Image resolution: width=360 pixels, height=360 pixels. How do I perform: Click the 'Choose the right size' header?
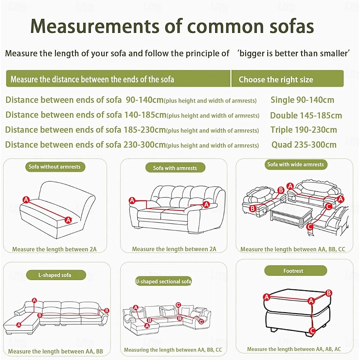[276, 80]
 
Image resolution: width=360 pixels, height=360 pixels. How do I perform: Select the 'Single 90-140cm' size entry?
[302, 100]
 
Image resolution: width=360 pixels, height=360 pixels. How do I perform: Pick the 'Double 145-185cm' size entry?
[306, 115]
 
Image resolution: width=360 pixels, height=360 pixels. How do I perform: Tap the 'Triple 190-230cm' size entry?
[303, 130]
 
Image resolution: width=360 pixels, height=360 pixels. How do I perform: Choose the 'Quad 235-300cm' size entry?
[304, 144]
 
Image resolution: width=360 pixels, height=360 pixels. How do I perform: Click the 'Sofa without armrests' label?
[54, 166]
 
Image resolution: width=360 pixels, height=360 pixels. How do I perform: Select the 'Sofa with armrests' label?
[175, 168]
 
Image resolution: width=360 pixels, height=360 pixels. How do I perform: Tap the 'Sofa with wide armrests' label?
[296, 164]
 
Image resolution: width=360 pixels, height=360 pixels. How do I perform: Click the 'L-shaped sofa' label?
[55, 275]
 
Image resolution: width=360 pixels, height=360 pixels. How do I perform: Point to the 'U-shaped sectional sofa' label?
[163, 281]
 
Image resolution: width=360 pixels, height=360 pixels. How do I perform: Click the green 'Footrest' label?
[296, 271]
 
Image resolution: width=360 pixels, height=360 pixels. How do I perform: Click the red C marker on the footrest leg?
[312, 331]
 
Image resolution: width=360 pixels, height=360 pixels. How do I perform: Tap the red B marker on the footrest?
[328, 293]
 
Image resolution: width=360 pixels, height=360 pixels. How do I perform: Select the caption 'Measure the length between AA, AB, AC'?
[294, 349]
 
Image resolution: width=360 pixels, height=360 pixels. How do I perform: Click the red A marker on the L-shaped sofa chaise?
[19, 324]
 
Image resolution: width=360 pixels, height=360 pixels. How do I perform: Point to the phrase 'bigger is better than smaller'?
[293, 53]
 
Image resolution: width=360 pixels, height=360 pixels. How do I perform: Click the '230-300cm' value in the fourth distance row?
[144, 144]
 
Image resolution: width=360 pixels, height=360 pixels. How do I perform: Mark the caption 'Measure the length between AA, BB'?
[55, 351]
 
